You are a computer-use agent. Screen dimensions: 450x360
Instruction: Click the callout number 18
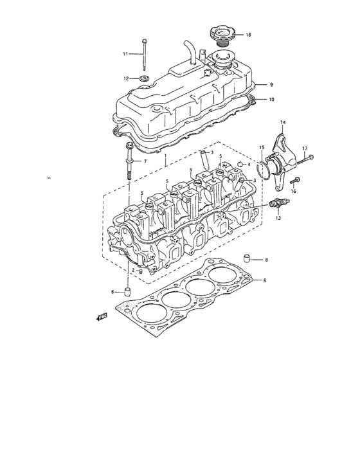click(x=248, y=34)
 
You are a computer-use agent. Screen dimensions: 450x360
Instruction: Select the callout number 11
click(x=126, y=53)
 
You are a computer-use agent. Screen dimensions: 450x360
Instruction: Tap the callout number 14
click(x=283, y=122)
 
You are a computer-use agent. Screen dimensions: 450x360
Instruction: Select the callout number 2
click(x=133, y=271)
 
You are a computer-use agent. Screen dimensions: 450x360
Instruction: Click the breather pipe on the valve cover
click(x=191, y=50)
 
